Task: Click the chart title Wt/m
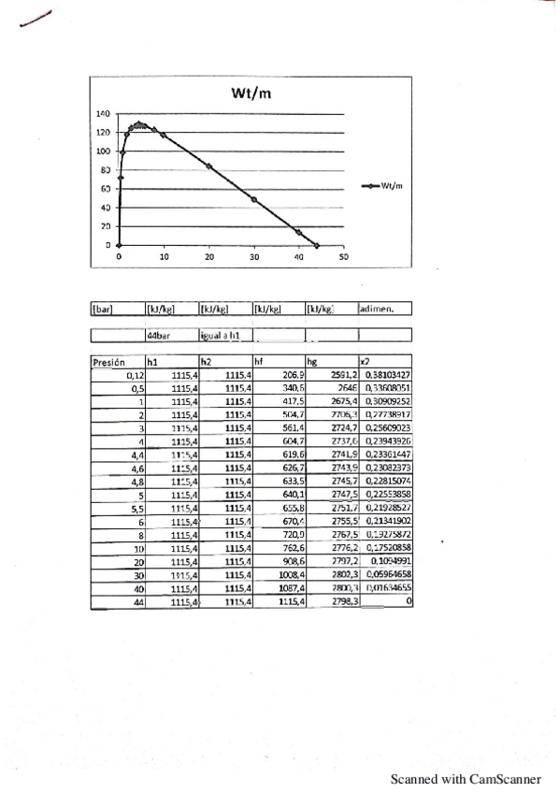click(x=251, y=93)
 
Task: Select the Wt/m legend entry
click(x=383, y=186)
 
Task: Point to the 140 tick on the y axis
click(x=104, y=113)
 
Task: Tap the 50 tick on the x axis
click(x=343, y=256)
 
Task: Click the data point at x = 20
click(x=209, y=166)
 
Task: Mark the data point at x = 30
click(x=253, y=199)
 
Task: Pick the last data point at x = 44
click(x=317, y=245)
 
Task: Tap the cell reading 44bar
click(x=157, y=333)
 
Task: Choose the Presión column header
click(x=108, y=360)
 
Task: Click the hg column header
click(x=312, y=360)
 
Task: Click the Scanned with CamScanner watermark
click(x=466, y=777)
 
